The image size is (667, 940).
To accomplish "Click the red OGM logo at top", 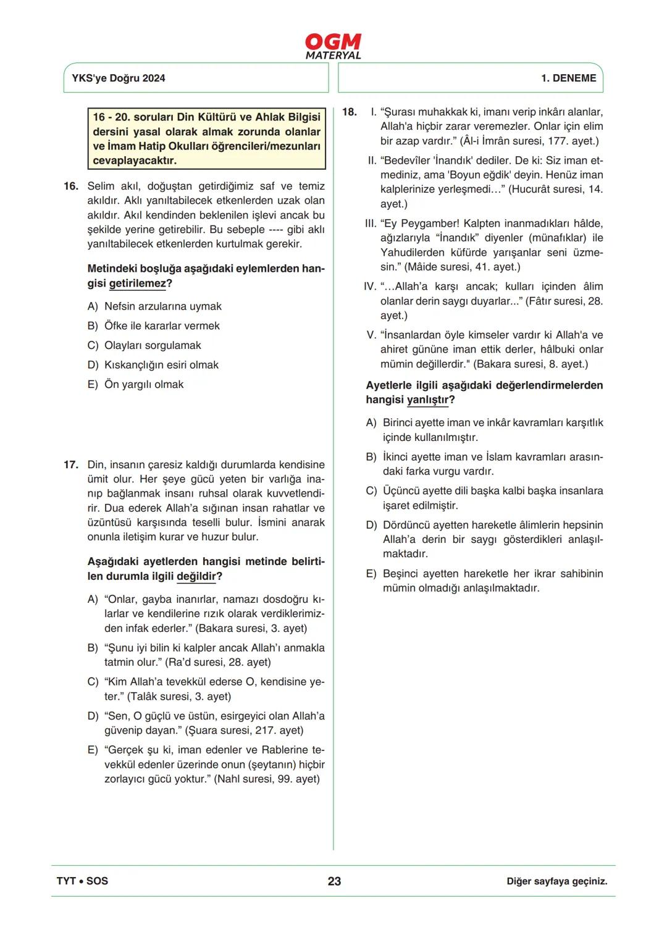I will point(333,42).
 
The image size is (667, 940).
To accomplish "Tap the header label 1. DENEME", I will point(568,78).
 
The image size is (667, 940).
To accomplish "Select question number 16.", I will point(71,186).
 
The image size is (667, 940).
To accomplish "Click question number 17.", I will point(71,464).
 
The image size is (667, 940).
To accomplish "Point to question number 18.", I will point(350,112).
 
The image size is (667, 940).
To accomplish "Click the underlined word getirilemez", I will point(138,283).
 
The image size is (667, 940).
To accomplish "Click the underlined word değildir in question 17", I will point(196,576).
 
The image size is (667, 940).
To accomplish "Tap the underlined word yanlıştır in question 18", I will point(427,400).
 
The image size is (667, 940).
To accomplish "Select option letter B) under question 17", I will point(93,648).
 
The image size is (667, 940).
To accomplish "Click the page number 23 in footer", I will point(334,881).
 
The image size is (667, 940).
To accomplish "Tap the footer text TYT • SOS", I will point(82,881).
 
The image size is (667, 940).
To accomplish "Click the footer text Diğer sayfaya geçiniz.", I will point(556,881).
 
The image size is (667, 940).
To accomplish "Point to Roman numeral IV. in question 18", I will point(370,287).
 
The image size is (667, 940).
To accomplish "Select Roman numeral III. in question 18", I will point(371,224).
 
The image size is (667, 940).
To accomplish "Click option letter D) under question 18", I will point(371,525).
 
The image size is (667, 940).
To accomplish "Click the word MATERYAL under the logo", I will point(333,56).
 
